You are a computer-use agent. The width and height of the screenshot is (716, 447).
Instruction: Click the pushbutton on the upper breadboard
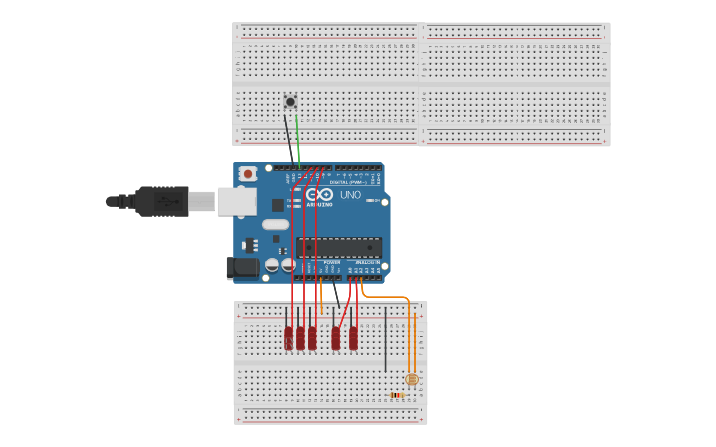[x=290, y=101]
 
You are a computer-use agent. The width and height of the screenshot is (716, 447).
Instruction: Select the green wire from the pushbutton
[x=297, y=138]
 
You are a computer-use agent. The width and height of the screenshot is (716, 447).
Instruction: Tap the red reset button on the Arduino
[x=247, y=174]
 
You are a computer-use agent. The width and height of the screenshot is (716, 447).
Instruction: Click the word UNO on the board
[x=350, y=195]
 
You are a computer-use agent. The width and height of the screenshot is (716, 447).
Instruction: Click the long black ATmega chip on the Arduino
[x=339, y=247]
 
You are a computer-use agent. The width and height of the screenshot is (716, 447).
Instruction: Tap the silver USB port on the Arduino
[x=236, y=201]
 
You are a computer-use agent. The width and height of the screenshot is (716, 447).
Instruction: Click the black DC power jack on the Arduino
[x=242, y=267]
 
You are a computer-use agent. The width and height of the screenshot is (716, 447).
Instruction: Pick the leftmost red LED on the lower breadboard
[x=289, y=338]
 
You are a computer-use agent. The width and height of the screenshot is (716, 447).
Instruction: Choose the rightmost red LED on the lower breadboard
[x=353, y=338]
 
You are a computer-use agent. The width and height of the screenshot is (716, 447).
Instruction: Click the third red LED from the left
[x=312, y=338]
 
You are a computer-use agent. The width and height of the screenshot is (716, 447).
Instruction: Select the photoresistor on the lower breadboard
[x=412, y=379]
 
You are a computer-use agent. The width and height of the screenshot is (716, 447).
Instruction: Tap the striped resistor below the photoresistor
[x=396, y=395]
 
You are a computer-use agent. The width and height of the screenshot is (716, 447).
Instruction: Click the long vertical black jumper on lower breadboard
[x=385, y=340]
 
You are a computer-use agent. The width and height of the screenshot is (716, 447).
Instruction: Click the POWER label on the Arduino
[x=332, y=263]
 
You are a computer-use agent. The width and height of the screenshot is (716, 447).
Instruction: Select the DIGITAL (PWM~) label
[x=353, y=182]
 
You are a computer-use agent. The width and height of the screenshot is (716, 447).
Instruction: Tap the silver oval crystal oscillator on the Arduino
[x=276, y=224]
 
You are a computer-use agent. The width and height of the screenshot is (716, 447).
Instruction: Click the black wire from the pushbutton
[x=288, y=138]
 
